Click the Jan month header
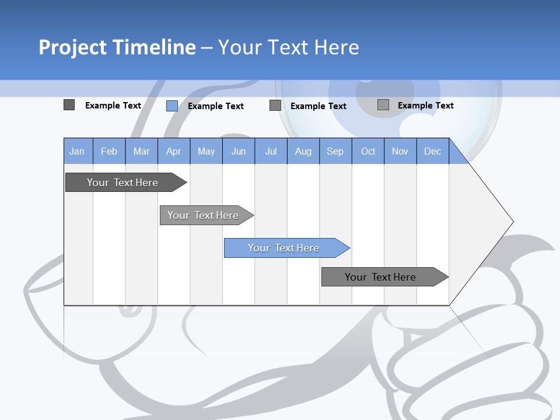(x=77, y=151)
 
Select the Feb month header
(x=109, y=151)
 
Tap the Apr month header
(x=174, y=151)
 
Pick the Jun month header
(x=239, y=151)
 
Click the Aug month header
(x=303, y=151)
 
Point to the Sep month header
(x=335, y=151)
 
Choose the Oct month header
(x=368, y=151)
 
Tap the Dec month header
(x=433, y=151)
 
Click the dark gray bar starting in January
(x=123, y=183)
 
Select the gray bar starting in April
(x=203, y=215)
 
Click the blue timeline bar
(x=283, y=248)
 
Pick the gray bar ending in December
(x=380, y=277)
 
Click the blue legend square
(x=172, y=106)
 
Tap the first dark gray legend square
(x=69, y=105)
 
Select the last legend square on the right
(x=383, y=105)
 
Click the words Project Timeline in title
(x=117, y=47)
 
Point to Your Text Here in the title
(x=288, y=47)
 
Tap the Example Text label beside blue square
(x=216, y=106)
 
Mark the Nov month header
(x=400, y=151)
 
